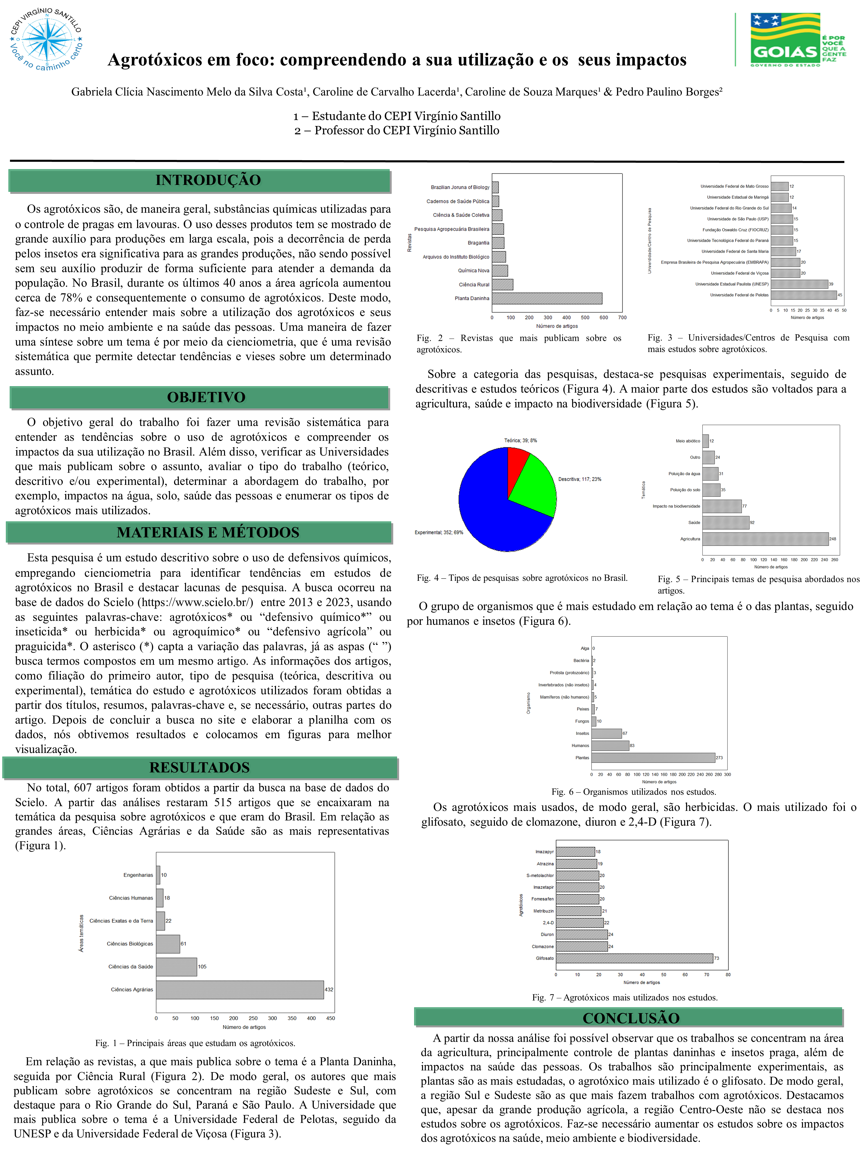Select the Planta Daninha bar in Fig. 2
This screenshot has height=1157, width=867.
(547, 298)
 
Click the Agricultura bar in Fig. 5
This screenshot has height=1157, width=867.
(765, 539)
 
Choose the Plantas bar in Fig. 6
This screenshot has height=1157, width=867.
(653, 757)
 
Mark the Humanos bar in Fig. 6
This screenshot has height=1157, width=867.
(610, 745)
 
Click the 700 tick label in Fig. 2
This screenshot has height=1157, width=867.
(622, 318)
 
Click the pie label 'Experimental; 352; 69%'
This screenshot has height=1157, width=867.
(438, 533)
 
